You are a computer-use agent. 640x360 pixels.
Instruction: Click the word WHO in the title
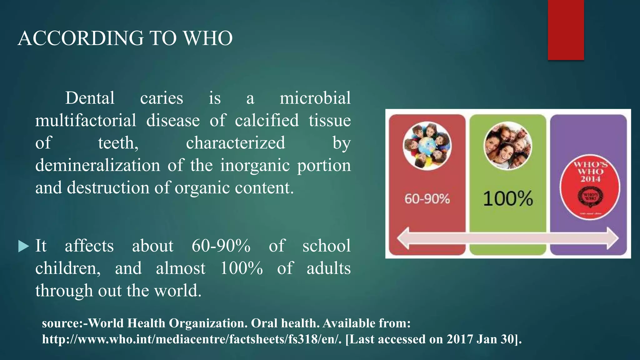tap(207, 38)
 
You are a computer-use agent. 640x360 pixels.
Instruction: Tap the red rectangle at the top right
tap(566, 30)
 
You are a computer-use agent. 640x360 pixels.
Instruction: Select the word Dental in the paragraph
tap(90, 98)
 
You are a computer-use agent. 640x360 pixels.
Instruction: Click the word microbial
tap(315, 98)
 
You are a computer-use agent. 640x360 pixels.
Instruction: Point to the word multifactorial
tap(86, 121)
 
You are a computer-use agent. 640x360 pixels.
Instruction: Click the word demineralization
tap(97, 165)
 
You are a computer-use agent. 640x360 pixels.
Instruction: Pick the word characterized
tap(235, 143)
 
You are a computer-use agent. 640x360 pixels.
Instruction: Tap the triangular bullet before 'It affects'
tap(23, 246)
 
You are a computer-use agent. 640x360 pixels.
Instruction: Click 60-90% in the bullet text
tap(221, 246)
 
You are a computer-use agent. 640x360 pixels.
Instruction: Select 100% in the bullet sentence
tap(241, 268)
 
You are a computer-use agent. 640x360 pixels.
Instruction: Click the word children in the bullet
tap(67, 268)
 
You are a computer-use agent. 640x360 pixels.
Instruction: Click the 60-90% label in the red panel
tap(427, 199)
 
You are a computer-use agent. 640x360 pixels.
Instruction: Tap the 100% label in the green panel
tap(508, 199)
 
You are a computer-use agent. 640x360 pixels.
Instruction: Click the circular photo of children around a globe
tap(427, 146)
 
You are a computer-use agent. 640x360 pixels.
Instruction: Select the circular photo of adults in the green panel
tap(508, 146)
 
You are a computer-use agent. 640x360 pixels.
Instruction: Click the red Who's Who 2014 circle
tap(590, 187)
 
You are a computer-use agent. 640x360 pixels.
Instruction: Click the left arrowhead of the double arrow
tap(404, 238)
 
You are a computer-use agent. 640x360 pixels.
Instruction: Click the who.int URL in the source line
tap(192, 339)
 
